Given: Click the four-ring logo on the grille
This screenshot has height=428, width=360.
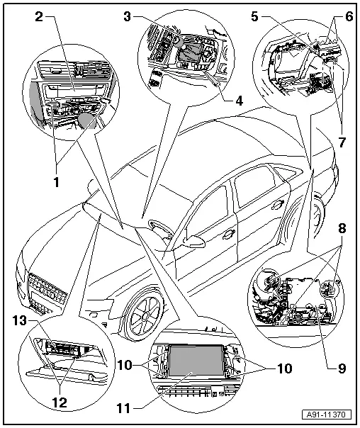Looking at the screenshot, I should [45, 291].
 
